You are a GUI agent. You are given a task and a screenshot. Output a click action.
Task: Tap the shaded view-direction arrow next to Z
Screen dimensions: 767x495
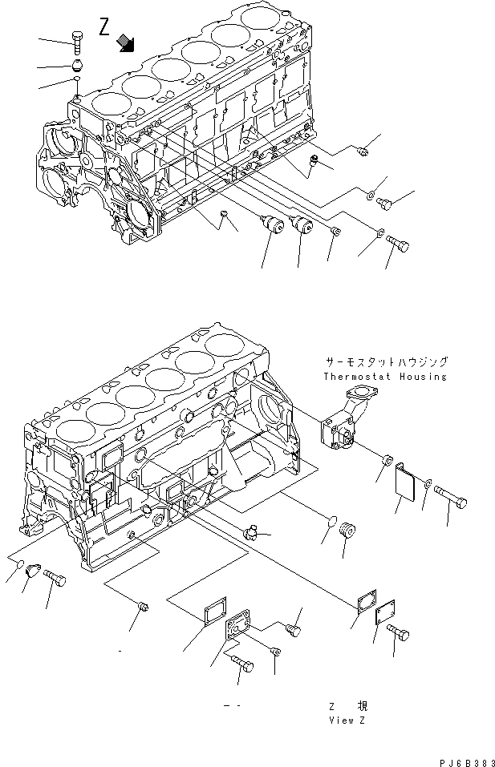pyautogui.click(x=125, y=42)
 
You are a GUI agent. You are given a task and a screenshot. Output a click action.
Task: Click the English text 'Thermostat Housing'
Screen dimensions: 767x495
pyautogui.click(x=385, y=377)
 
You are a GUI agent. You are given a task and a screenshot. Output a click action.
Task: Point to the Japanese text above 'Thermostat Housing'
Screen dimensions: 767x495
pyautogui.click(x=386, y=362)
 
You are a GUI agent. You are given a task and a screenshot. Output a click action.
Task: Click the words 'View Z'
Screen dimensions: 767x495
pyautogui.click(x=347, y=721)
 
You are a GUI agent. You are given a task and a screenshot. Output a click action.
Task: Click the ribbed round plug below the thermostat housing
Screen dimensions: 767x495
pyautogui.click(x=347, y=531)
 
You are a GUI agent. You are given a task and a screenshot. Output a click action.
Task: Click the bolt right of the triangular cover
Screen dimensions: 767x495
pyautogui.click(x=55, y=576)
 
